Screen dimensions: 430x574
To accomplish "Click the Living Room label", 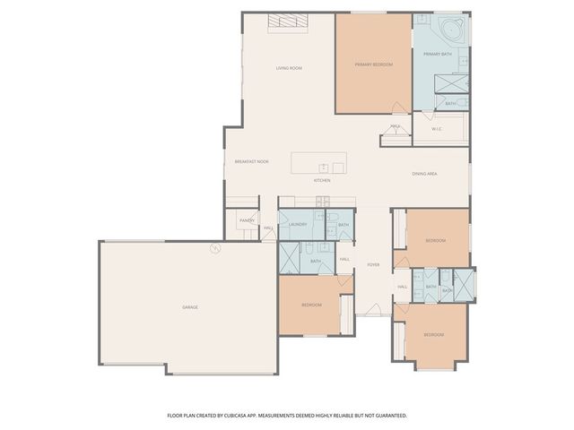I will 287,68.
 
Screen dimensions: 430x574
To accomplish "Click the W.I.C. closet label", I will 437,129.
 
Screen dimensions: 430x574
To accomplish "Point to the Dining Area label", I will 424,174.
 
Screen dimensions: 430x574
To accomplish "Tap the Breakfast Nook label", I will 251,161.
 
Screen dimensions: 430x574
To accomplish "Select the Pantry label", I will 247,219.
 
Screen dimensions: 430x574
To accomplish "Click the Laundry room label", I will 299,224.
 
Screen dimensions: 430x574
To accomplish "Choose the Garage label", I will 190,307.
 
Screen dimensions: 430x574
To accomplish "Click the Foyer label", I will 373,264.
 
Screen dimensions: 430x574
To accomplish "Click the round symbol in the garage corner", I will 213,250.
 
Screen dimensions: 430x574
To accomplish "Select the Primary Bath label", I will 439,55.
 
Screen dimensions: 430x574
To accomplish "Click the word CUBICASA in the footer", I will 272,416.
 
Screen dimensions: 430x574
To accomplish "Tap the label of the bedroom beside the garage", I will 311,305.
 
